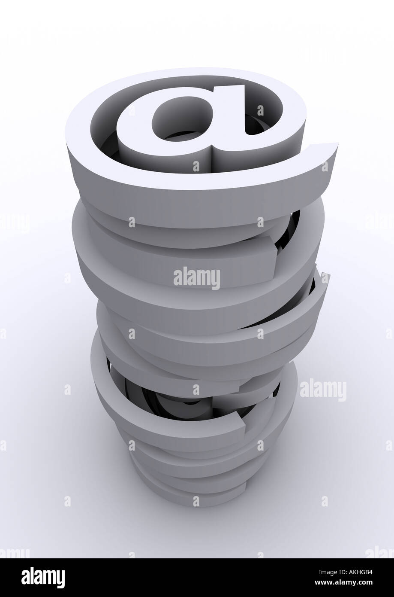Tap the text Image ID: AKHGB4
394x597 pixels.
[x=340, y=572]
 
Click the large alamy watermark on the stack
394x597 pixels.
[x=196, y=278]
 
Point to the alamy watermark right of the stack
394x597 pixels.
[x=322, y=390]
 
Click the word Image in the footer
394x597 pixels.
[x=321, y=572]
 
